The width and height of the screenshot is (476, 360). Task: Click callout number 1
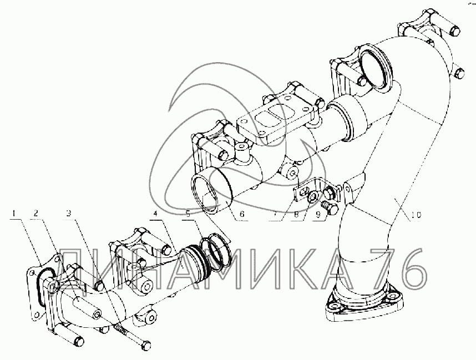pyautogui.click(x=13, y=214)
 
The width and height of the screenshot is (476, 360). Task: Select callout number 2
pyautogui.click(x=36, y=214)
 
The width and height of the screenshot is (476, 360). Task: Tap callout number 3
pyautogui.click(x=69, y=214)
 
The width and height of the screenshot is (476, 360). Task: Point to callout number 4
pyautogui.click(x=155, y=214)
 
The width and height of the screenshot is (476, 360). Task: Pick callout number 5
pyautogui.click(x=188, y=214)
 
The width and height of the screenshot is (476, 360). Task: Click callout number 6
pyautogui.click(x=241, y=214)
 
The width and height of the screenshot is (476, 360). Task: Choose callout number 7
pyautogui.click(x=275, y=214)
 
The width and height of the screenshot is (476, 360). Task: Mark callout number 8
pyautogui.click(x=297, y=214)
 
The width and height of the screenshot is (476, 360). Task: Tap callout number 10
pyautogui.click(x=416, y=215)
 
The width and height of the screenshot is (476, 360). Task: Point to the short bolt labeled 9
pyautogui.click(x=330, y=207)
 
